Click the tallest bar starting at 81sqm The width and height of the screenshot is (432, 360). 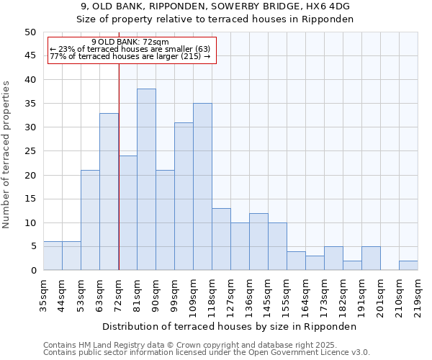[x=146, y=179]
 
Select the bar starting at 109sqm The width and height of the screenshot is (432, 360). [x=202, y=186]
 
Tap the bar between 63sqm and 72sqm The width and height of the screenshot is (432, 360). [x=109, y=192]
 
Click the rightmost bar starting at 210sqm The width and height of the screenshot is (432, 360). [x=408, y=265]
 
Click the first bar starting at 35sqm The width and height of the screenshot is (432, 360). [x=53, y=256]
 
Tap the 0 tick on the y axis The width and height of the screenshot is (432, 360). [x=32, y=271]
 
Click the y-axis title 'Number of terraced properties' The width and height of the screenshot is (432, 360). [x=7, y=155]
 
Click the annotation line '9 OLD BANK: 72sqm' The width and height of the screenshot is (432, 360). [x=130, y=42]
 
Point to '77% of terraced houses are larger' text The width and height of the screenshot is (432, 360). [x=130, y=56]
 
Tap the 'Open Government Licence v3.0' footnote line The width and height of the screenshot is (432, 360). [x=207, y=352]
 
